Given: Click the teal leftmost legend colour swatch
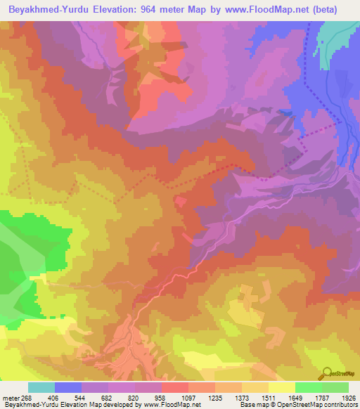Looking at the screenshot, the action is tap(41, 387).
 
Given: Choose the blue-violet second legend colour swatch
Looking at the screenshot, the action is tap(68, 387).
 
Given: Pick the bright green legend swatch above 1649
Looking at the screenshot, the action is tap(308, 387).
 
